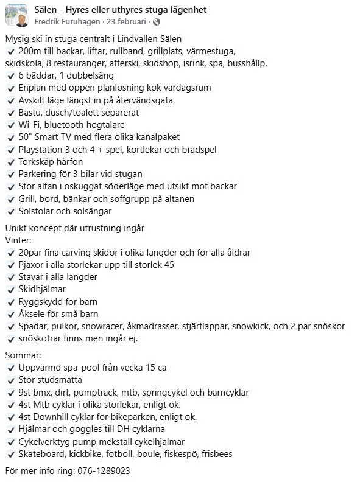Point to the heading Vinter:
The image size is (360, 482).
[x=18, y=240]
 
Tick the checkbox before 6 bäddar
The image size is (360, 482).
[x=10, y=75]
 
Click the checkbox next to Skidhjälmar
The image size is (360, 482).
[x=10, y=289]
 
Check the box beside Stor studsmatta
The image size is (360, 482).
[x=10, y=380]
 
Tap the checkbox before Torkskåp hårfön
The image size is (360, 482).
[x=10, y=162]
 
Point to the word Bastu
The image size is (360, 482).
[x=30, y=113]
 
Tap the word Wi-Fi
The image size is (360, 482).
[x=30, y=125]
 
